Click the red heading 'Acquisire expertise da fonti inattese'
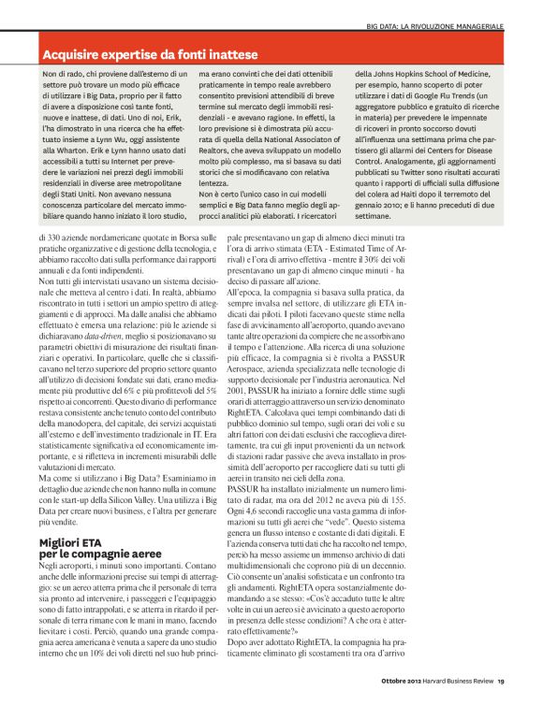[x=150, y=55]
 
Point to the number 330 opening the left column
[x=54, y=238]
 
